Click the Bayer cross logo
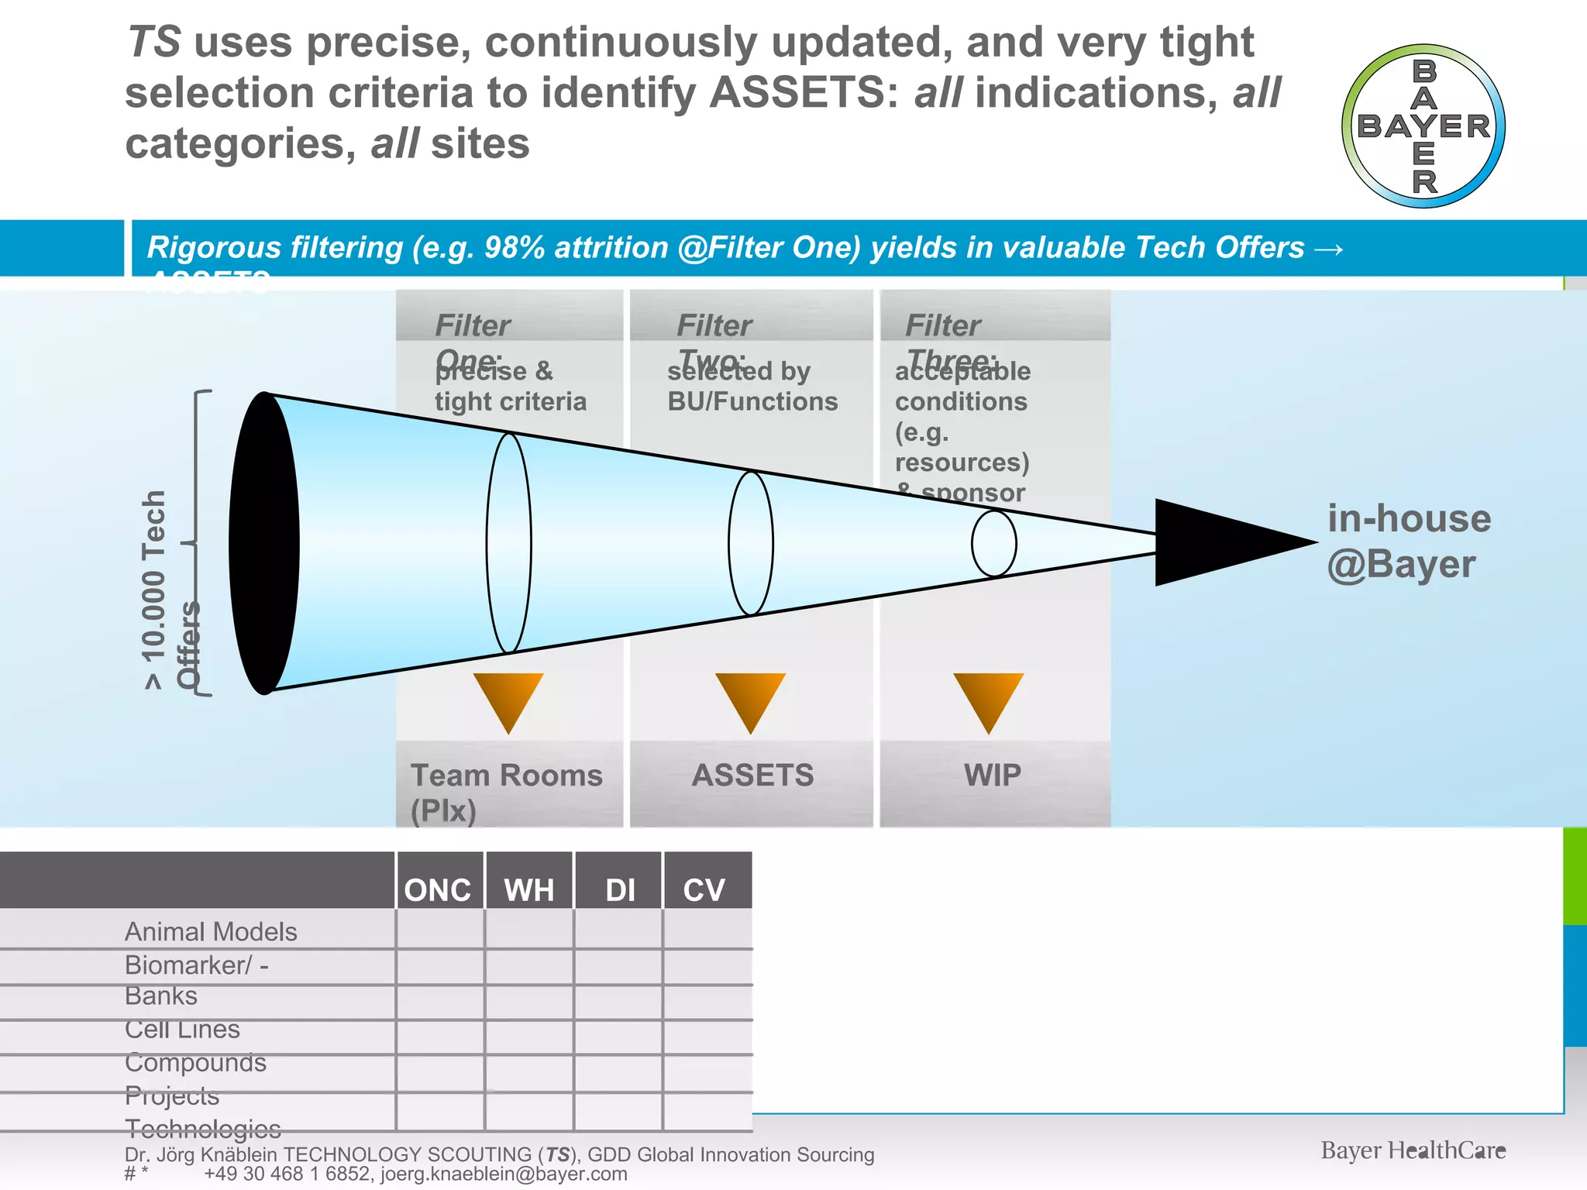[x=1423, y=126]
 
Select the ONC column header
[x=438, y=889]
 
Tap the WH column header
[x=529, y=889]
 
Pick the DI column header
[x=620, y=889]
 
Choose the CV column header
[x=704, y=889]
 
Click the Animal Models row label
[x=211, y=931]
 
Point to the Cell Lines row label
[x=182, y=1029]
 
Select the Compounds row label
[x=195, y=1062]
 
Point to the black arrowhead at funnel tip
[x=1224, y=542]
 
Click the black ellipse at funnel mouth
[x=264, y=543]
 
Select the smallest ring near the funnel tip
[x=994, y=543]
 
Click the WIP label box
[x=994, y=776]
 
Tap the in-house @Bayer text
[x=1408, y=541]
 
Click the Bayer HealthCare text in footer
[x=1413, y=1150]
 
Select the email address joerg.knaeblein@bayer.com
[x=504, y=1174]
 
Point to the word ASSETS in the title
[x=804, y=93]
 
